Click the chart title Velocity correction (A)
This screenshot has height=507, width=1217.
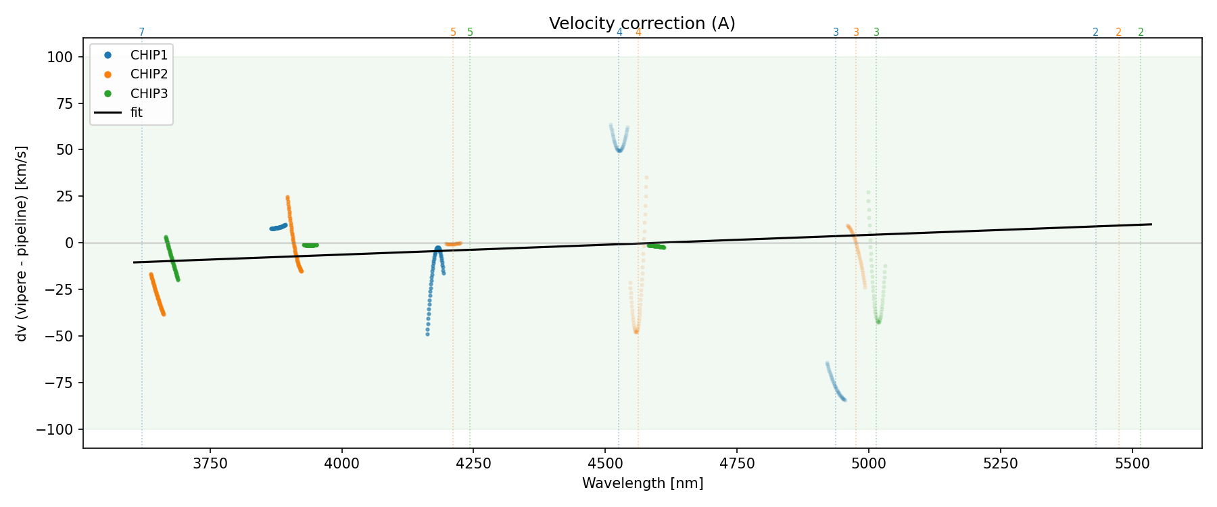[642, 24]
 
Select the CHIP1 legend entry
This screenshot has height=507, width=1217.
[149, 55]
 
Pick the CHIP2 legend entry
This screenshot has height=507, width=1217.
[149, 74]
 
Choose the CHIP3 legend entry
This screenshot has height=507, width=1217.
[149, 93]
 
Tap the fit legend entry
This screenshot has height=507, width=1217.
[137, 112]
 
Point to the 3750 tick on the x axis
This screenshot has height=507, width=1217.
[210, 464]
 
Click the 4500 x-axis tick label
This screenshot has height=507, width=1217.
[605, 464]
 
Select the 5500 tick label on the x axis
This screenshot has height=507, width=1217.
[1132, 464]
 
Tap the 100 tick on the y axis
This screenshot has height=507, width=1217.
[59, 57]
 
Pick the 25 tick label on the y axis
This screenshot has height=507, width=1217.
[64, 197]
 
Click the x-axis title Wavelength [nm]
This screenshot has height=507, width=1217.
[642, 483]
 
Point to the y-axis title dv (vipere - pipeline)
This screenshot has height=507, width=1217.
[22, 243]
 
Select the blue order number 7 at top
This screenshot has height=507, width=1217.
[141, 32]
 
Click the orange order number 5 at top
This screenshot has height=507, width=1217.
[453, 32]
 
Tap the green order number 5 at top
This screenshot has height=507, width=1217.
[470, 32]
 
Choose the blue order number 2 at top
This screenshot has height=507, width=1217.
[1095, 32]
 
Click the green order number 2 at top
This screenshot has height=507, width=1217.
[1141, 32]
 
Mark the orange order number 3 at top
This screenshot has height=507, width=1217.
[856, 32]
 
